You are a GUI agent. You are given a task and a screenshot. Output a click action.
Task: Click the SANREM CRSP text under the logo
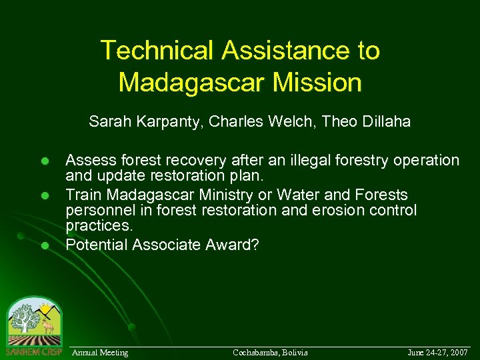[x=33, y=351]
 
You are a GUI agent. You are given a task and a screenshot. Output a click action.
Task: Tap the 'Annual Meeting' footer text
[x=100, y=352]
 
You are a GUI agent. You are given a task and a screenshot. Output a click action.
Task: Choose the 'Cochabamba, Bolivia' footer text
[x=270, y=352]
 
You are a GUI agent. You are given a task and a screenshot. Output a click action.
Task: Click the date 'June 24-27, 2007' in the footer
[x=437, y=352]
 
